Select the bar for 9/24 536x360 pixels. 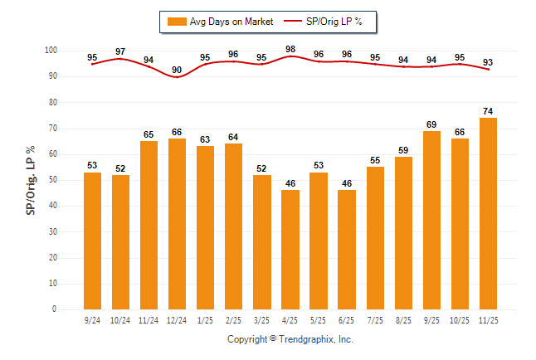pos(92,241)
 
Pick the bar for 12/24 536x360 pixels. pos(177,224)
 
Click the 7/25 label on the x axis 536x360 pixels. pos(375,319)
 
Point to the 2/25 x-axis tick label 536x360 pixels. pos(233,319)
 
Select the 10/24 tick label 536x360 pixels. pos(120,319)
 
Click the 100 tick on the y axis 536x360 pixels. pos(51,51)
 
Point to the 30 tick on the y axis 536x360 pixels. pos(53,231)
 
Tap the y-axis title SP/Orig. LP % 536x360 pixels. pos(31,180)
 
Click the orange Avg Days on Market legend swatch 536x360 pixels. pos(177,21)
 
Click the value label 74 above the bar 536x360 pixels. pos(488,110)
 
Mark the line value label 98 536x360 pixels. pos(290,49)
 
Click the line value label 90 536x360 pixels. pos(177,70)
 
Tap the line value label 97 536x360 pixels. pos(120,51)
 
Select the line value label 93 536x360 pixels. pos(488,62)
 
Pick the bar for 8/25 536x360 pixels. pos(403,233)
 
